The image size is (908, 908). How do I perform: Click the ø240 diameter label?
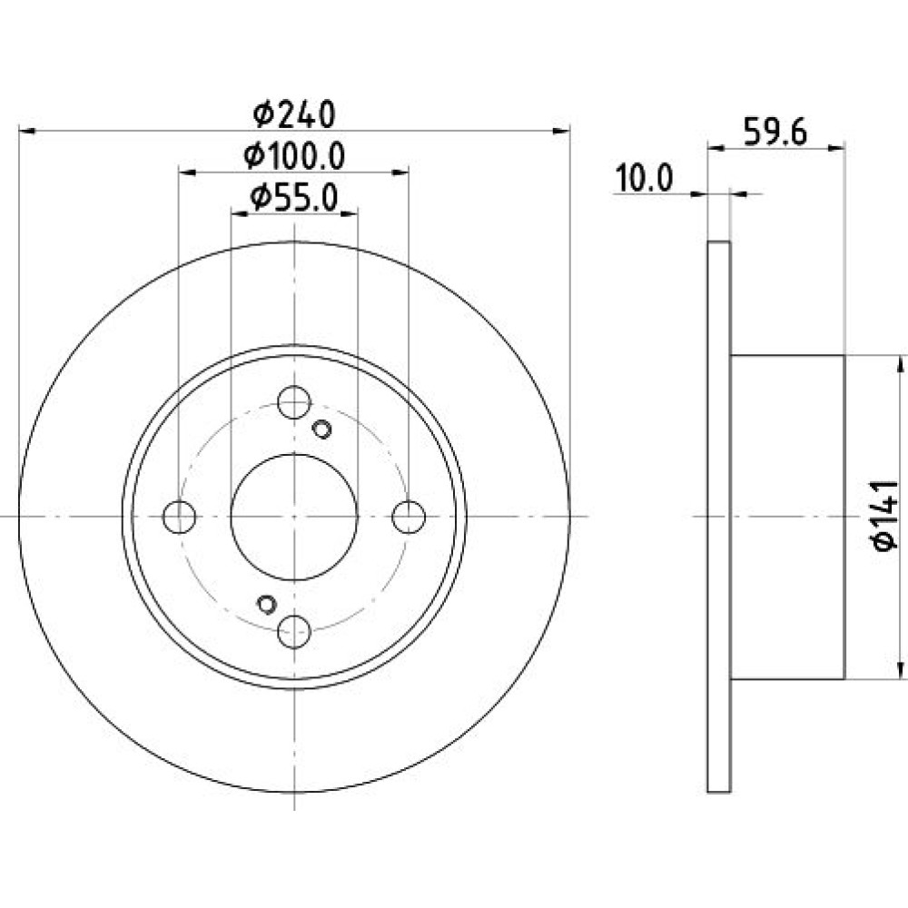294,114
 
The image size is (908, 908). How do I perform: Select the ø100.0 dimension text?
294,156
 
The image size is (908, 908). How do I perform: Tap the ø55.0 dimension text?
294,198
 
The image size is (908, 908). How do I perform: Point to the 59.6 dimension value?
775,132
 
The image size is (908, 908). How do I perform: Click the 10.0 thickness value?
644,178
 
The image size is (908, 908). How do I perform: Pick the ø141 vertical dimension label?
884,516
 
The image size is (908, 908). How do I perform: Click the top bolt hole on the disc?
294,402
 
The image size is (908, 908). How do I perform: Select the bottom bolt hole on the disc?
294,632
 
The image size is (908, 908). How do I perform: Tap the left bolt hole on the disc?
180,517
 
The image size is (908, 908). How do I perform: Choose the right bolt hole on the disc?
409,517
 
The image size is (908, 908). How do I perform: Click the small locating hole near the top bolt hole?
321,429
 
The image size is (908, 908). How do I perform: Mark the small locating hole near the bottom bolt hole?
266,604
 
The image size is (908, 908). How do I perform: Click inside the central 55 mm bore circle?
294,517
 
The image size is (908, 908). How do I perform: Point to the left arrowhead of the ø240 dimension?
28,132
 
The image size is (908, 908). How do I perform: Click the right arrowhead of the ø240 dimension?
561,132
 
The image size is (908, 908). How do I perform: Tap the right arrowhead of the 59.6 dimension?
836,149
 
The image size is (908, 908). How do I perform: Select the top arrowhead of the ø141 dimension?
900,365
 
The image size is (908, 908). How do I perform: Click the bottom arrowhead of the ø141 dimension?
900,669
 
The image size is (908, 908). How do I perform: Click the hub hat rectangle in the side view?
787,518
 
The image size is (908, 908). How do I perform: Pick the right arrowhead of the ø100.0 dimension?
400,172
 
